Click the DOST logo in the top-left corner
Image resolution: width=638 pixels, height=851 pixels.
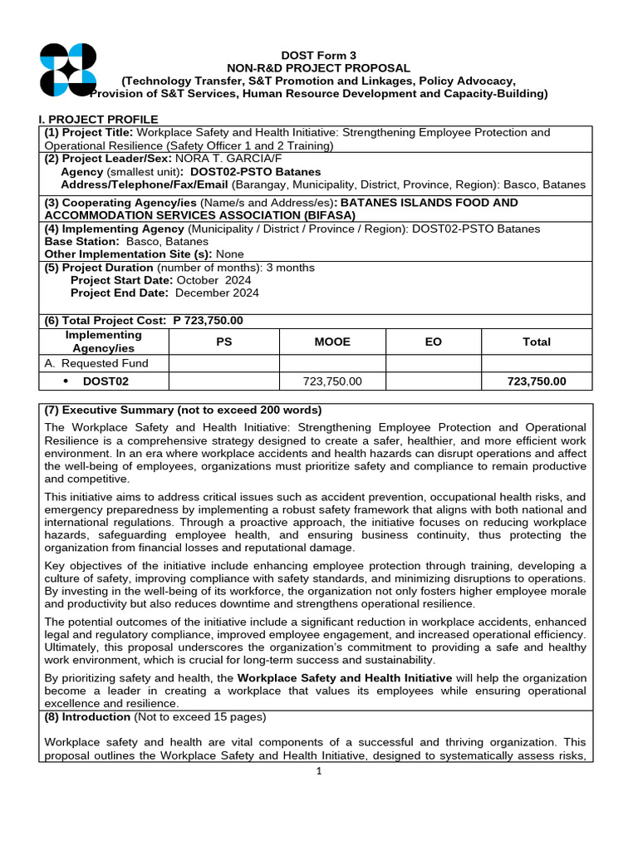point(68,70)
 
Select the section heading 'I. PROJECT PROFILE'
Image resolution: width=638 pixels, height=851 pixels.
point(99,120)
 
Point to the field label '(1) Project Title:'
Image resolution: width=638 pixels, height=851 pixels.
point(90,133)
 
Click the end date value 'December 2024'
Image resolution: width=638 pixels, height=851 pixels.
point(218,293)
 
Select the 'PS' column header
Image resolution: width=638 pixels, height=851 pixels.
point(223,342)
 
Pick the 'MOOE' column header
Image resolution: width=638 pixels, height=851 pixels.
point(333,342)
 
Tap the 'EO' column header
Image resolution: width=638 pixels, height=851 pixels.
point(434,342)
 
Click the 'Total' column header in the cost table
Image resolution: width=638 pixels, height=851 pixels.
point(537,342)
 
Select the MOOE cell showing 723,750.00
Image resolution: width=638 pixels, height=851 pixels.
point(333,381)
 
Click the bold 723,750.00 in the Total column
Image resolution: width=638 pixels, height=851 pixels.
point(537,381)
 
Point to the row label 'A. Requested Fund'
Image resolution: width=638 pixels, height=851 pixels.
point(96,363)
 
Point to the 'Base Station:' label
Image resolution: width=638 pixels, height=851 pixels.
point(81,241)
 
